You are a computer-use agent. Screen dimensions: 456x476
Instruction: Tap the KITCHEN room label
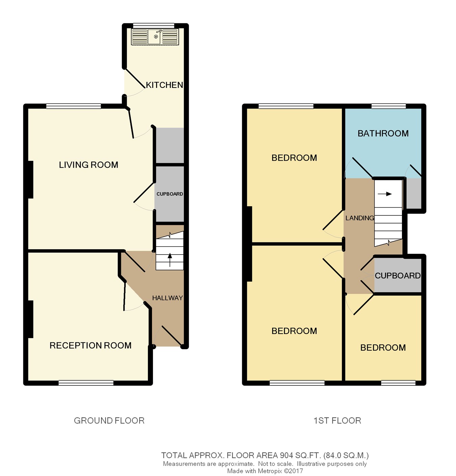164,85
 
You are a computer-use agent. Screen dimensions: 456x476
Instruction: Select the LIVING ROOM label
88,165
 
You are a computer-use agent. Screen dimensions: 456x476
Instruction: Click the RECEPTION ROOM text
91,346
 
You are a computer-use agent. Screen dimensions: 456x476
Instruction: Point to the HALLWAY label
168,298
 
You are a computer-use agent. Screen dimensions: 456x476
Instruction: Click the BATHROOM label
383,134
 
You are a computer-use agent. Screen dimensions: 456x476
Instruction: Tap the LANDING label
360,218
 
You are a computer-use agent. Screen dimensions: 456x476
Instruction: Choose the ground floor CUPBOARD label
170,194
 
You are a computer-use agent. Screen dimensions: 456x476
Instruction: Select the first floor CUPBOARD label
398,276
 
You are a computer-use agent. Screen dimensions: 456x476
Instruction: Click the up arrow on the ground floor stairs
170,260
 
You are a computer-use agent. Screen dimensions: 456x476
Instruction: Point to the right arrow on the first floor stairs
385,194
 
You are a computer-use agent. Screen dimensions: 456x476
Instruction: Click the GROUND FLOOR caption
109,421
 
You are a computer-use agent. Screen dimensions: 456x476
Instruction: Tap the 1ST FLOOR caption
337,421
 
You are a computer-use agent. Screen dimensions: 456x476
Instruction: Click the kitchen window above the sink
154,26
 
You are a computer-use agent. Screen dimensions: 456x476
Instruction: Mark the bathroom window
388,106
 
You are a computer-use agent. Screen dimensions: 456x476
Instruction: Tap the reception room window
86,383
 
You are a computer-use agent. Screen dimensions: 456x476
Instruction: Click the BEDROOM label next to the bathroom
294,158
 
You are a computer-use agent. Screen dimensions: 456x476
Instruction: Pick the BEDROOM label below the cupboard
383,348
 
